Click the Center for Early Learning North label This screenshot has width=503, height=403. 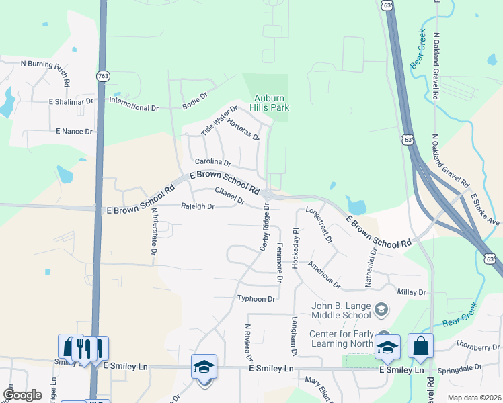pyautogui.click(x=341, y=339)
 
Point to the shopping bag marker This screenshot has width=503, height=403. pyautogui.click(x=420, y=347)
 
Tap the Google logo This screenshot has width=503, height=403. pyautogui.click(x=22, y=395)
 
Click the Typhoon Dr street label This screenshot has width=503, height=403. pyautogui.click(x=256, y=299)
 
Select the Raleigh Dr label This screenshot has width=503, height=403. pyautogui.click(x=198, y=206)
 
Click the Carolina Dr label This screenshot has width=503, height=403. pyautogui.click(x=212, y=163)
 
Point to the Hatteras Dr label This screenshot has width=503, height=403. pyautogui.click(x=243, y=128)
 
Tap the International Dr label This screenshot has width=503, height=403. pyautogui.click(x=133, y=107)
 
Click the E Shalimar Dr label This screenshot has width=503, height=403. pyautogui.click(x=71, y=101)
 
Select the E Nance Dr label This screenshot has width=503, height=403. pyautogui.click(x=74, y=131)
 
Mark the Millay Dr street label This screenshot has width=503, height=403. pyautogui.click(x=412, y=292)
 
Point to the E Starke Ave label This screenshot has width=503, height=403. pyautogui.click(x=485, y=209)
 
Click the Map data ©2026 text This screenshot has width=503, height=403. pyautogui.click(x=473, y=398)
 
